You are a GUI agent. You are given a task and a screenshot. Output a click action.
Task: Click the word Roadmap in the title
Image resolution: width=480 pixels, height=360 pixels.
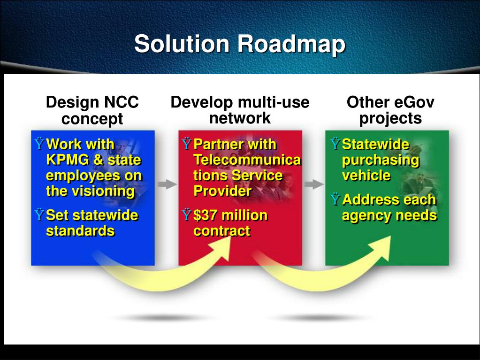[x=291, y=45]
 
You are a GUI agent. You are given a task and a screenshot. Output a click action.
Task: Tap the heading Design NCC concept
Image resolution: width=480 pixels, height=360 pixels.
[x=92, y=110]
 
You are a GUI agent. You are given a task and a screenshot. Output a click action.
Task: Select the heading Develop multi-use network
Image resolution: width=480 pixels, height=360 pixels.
[x=240, y=110]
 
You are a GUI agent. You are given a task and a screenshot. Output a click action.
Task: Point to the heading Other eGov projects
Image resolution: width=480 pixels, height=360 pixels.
[x=390, y=110]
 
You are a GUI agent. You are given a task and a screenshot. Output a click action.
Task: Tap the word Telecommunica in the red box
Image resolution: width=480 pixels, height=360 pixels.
[x=247, y=160]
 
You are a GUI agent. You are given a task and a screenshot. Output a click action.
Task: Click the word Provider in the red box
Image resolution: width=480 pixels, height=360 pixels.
[x=222, y=191]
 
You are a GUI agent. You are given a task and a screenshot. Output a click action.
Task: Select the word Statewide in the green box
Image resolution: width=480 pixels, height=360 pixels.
[x=375, y=144]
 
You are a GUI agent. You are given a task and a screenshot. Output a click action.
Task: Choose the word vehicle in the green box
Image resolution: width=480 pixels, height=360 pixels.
[x=366, y=176]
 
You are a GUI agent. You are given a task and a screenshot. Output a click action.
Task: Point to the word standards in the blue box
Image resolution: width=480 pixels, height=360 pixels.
[x=80, y=231]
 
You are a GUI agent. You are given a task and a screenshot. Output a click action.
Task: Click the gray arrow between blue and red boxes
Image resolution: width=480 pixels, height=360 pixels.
[x=167, y=184]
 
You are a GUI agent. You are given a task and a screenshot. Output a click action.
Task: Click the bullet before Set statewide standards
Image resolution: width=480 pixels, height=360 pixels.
[x=39, y=216]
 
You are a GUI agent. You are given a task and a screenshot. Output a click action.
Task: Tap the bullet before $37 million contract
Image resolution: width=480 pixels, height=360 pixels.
[x=186, y=216]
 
